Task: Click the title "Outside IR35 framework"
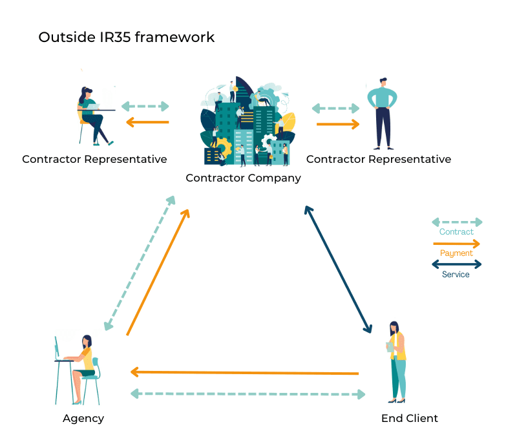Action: [127, 37]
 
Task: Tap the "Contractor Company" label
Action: [243, 178]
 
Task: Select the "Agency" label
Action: [83, 419]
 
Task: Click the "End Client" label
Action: [409, 418]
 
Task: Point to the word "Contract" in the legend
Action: [456, 232]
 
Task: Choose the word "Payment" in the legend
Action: [456, 253]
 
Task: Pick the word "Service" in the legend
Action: [456, 275]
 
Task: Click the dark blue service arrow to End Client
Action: [338, 269]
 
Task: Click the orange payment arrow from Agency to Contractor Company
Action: [158, 272]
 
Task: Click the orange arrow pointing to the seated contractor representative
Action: [147, 122]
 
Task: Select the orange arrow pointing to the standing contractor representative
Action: [337, 124]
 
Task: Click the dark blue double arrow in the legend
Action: [456, 264]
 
